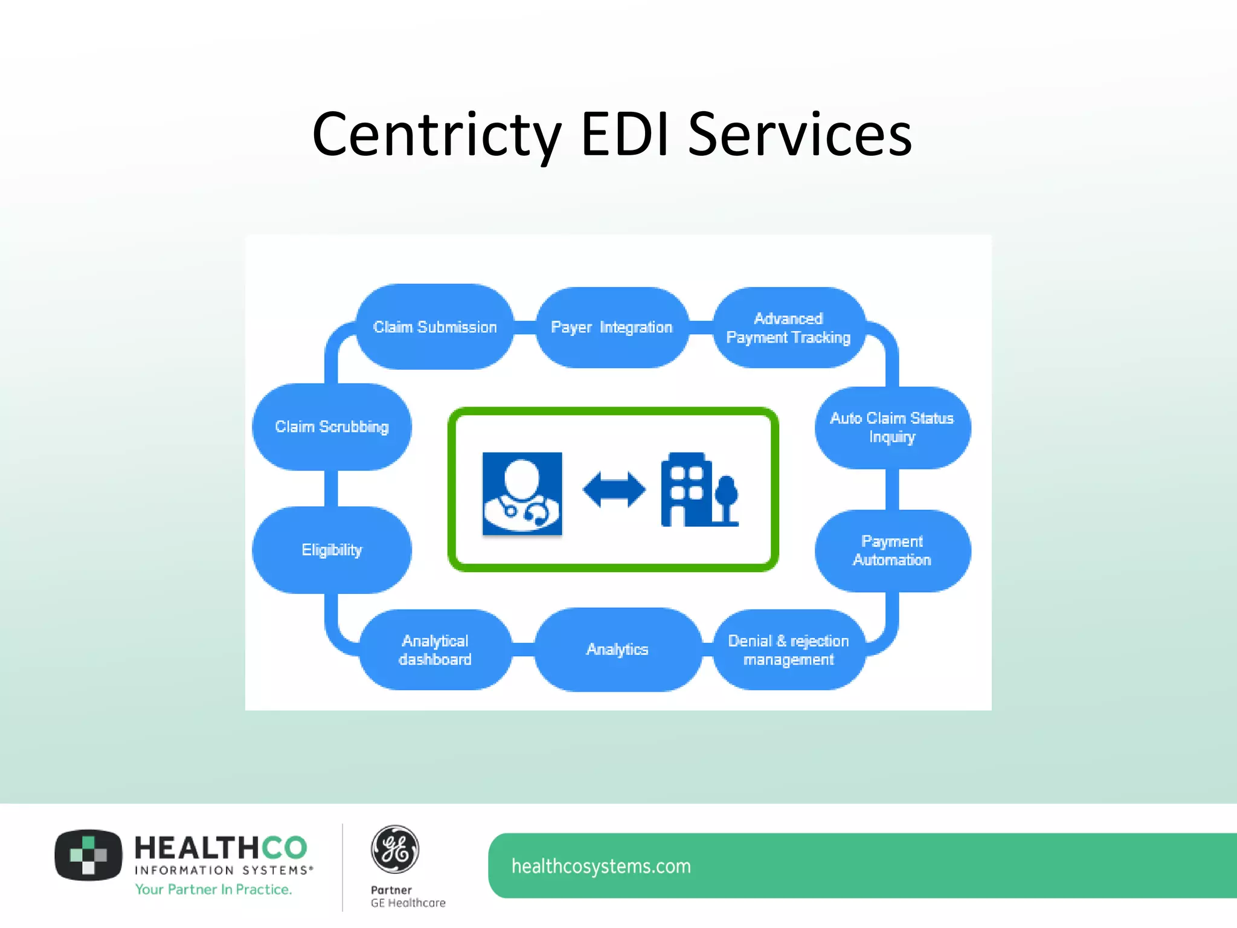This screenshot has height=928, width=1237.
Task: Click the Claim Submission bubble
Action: [435, 327]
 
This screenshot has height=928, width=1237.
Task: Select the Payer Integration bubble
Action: [612, 327]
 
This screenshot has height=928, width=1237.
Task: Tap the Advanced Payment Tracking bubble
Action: [788, 328]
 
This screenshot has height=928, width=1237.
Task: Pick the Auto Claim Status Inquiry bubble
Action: [892, 427]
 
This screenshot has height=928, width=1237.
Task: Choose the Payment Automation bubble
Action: [892, 550]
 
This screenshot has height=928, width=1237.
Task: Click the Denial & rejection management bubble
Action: [788, 649]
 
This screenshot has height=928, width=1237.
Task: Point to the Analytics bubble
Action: [617, 649]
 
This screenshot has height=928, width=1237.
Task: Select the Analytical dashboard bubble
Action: [435, 649]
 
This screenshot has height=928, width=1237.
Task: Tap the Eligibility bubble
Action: [332, 550]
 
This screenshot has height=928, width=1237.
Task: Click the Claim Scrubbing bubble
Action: [332, 427]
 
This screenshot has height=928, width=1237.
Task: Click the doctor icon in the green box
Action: [522, 493]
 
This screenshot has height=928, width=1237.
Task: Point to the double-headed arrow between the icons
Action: [614, 489]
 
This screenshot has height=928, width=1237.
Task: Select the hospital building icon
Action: [699, 490]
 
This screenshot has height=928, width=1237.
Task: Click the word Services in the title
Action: [800, 135]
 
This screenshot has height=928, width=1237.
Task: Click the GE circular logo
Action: [394, 849]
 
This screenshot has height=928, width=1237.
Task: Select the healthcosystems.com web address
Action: [601, 866]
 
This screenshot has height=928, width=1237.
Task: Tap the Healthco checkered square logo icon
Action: [88, 855]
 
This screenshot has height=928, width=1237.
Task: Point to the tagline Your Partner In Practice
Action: [213, 889]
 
